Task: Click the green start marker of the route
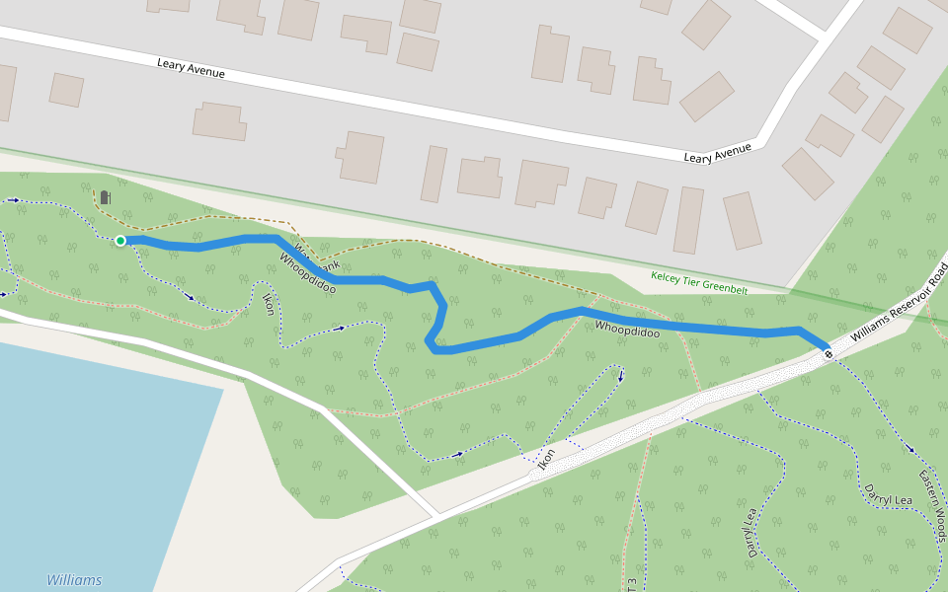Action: pyautogui.click(x=120, y=241)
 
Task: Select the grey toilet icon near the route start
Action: pyautogui.click(x=105, y=197)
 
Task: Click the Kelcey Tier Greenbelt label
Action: pyautogui.click(x=699, y=282)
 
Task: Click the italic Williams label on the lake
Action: pyautogui.click(x=74, y=580)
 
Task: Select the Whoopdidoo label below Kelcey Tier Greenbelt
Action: pyautogui.click(x=627, y=329)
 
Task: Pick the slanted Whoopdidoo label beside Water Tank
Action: pyautogui.click(x=307, y=273)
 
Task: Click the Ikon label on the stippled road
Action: pyautogui.click(x=546, y=458)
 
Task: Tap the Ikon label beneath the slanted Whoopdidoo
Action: pyautogui.click(x=268, y=303)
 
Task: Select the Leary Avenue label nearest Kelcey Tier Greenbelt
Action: pyautogui.click(x=718, y=153)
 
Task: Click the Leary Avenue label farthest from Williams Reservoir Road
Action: pyautogui.click(x=191, y=68)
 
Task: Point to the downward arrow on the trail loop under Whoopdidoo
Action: pyautogui.click(x=621, y=376)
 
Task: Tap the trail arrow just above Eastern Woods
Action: pyautogui.click(x=909, y=450)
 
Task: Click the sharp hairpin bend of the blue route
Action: pyautogui.click(x=432, y=346)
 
